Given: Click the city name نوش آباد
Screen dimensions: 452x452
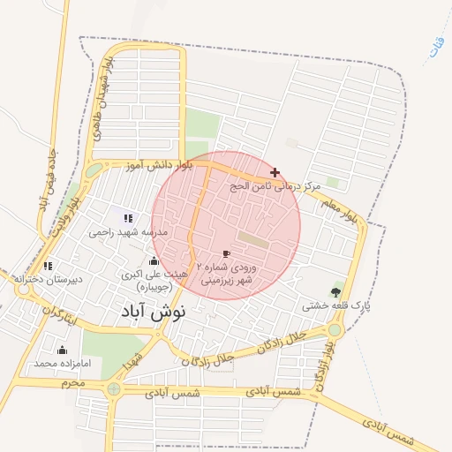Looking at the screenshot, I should pos(148,312).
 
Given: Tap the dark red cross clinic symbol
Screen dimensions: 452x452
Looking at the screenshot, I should pos(275,172).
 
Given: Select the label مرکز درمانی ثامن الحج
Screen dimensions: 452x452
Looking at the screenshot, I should pos(274,187).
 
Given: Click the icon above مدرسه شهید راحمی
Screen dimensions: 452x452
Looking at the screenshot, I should pos(128,218).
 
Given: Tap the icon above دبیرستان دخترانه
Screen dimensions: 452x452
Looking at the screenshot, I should pos(48,265).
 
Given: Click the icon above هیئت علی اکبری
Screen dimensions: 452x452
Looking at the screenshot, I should pos(154,260).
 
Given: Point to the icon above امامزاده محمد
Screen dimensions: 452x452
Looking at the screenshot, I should pos(62,350).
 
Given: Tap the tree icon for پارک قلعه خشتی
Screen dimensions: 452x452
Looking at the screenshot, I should pos(335,292).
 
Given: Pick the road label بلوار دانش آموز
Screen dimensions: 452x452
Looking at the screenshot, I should pos(147,165).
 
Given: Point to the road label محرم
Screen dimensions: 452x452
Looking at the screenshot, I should pos(72,383).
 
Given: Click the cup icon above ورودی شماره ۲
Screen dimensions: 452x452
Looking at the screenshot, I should pos(227,254).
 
